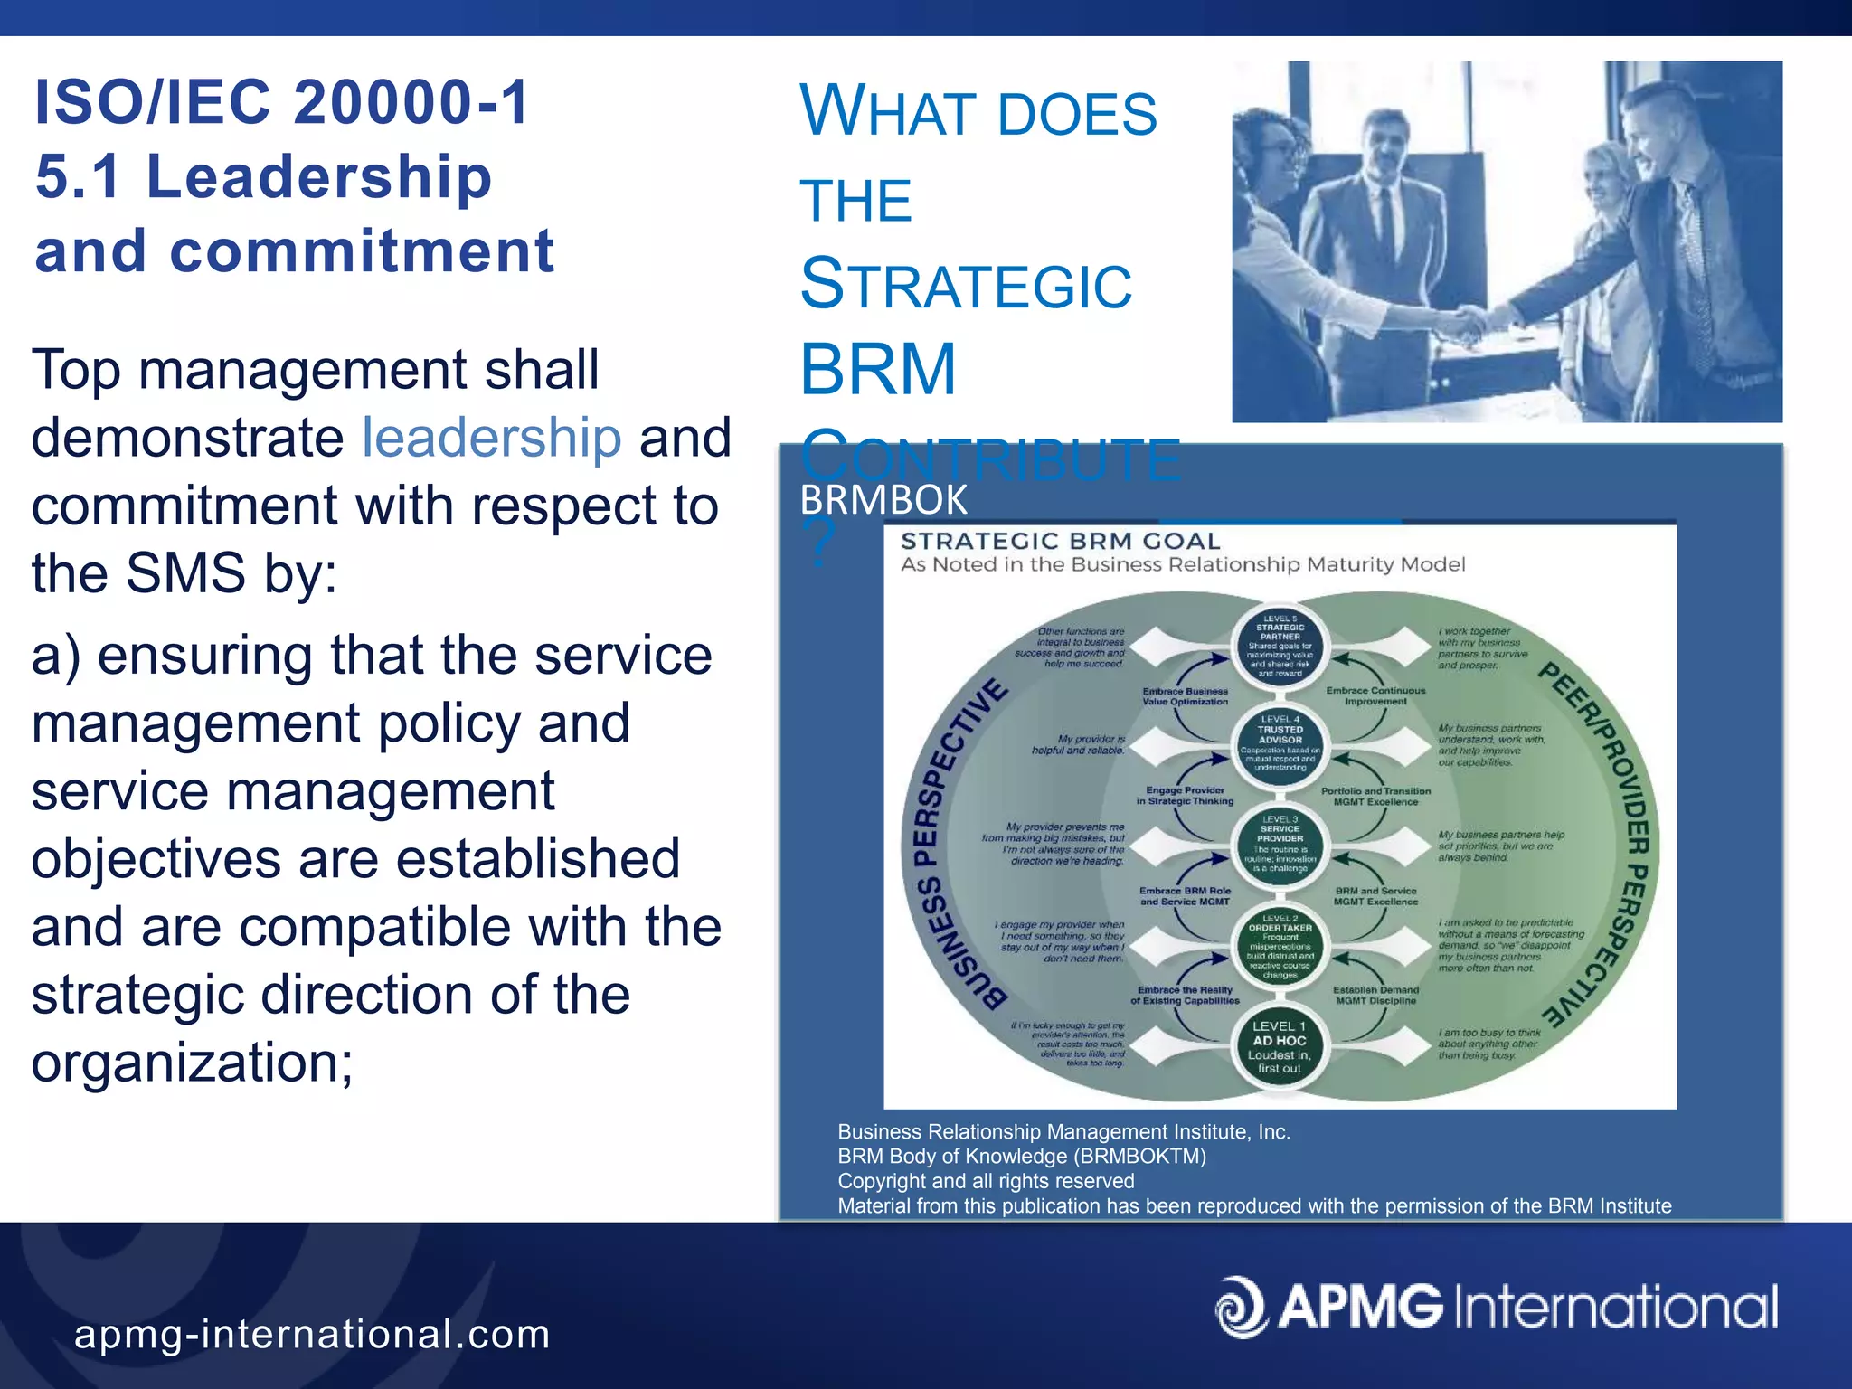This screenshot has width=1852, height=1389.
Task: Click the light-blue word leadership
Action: (491, 438)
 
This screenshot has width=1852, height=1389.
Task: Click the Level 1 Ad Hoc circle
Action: (1280, 1047)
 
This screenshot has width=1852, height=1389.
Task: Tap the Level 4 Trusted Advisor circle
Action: (1280, 743)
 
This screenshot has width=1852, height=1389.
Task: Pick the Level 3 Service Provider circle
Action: (1280, 843)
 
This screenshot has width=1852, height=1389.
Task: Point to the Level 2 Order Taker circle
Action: (1280, 946)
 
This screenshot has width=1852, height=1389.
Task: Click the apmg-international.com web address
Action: (312, 1334)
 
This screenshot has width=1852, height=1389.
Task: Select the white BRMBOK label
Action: (883, 500)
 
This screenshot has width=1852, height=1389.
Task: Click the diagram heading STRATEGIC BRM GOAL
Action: (1060, 541)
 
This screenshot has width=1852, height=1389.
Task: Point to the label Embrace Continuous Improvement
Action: (1375, 695)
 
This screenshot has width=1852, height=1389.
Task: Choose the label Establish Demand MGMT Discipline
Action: (1375, 995)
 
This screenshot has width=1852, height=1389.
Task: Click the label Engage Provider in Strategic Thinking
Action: (1185, 795)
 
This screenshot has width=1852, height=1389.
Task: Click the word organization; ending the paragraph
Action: (192, 1062)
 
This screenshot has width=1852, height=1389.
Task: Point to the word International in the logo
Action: (1615, 1307)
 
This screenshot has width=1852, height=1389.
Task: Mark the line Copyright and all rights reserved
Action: (986, 1181)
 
